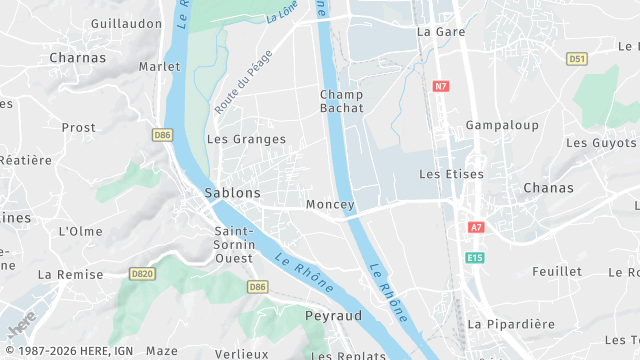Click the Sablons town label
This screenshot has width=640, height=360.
(x=232, y=192)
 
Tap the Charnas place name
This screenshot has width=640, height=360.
(x=77, y=58)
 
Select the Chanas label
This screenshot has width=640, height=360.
(x=548, y=188)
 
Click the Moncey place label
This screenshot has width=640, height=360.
(x=330, y=205)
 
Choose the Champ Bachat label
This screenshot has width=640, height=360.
(x=341, y=101)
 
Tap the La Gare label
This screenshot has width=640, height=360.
(x=436, y=32)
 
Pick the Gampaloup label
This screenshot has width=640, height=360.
(x=502, y=126)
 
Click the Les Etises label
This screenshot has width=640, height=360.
(x=451, y=174)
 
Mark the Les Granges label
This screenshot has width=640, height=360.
(x=246, y=140)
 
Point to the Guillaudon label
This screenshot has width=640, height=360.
(x=126, y=23)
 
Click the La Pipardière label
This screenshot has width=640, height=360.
(x=511, y=324)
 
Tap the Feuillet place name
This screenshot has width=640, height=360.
(x=557, y=272)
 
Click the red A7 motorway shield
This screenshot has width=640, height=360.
(x=476, y=228)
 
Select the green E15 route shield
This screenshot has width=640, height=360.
(x=475, y=258)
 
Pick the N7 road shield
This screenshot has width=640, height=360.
(x=441, y=86)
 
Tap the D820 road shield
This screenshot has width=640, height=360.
(x=142, y=273)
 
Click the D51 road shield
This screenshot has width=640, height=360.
(x=576, y=59)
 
